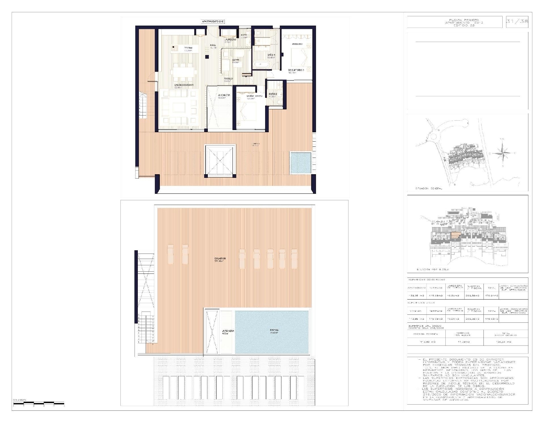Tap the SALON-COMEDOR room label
[x=184, y=85]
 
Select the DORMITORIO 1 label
[x=296, y=70]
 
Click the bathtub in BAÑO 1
[x=260, y=64]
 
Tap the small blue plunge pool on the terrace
[x=301, y=163]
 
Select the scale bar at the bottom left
[x=38, y=403]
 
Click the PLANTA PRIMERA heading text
[x=464, y=20]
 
